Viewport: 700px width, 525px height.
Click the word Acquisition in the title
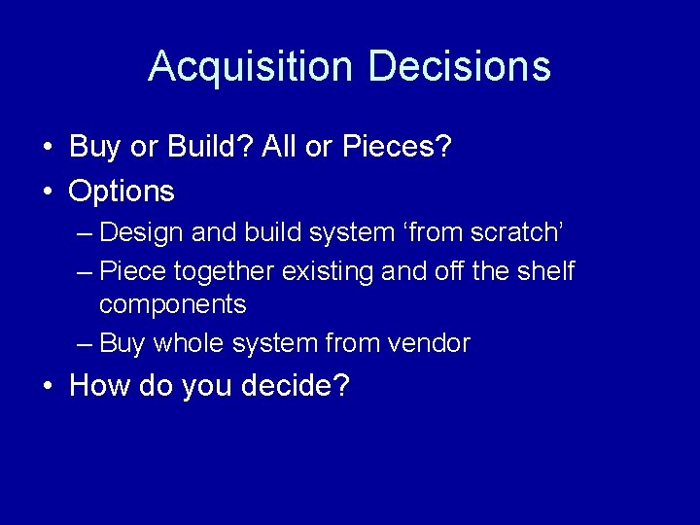point(249,67)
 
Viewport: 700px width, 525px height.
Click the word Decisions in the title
point(460,67)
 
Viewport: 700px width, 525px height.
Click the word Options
point(122,191)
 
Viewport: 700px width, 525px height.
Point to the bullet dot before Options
point(48,192)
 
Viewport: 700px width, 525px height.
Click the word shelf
point(544,271)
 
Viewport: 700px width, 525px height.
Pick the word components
point(172,304)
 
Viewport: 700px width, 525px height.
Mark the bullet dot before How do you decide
point(48,387)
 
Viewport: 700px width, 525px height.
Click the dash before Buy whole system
point(85,344)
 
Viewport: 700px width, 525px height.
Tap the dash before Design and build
point(85,233)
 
